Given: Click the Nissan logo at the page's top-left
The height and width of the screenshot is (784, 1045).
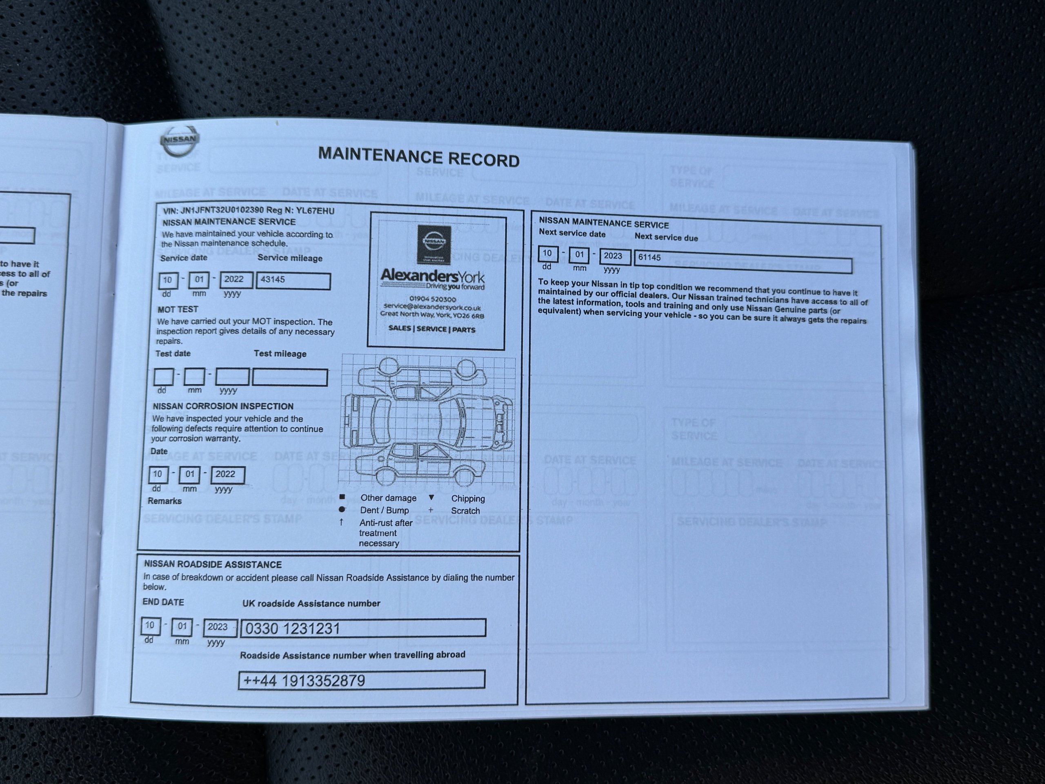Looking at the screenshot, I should pyautogui.click(x=180, y=140).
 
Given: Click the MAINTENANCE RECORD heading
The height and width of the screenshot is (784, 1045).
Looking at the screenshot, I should pyautogui.click(x=418, y=157).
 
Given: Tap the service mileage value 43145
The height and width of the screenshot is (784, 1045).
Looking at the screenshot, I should pyautogui.click(x=273, y=279).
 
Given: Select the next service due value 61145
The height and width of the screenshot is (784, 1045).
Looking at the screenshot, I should pyautogui.click(x=649, y=258).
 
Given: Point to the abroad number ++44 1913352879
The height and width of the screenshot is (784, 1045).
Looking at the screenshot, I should pyautogui.click(x=304, y=681).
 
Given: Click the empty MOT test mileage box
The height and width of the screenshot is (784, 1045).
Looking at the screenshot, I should pyautogui.click(x=289, y=377).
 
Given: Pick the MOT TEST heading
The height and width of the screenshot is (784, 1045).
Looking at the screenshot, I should pyautogui.click(x=178, y=310).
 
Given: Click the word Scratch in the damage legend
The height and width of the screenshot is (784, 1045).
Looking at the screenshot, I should pyautogui.click(x=465, y=511).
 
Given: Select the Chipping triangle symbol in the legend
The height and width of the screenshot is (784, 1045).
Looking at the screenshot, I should pyautogui.click(x=431, y=498).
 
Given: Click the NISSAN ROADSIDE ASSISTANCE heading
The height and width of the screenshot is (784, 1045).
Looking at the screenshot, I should pyautogui.click(x=213, y=564).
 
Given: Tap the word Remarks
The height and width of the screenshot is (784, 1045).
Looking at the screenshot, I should pyautogui.click(x=165, y=501).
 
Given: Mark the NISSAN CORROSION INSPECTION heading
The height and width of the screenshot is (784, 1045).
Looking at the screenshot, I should pyautogui.click(x=222, y=406).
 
